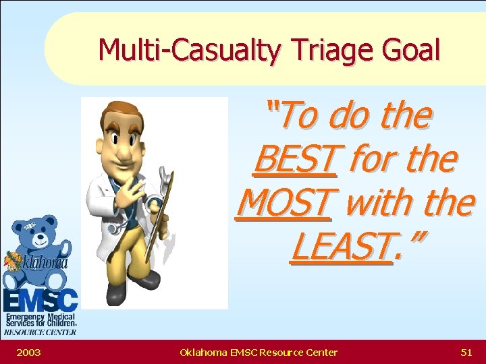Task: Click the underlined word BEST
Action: click(295, 159)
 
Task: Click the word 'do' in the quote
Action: click(350, 115)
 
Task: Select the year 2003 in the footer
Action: click(28, 352)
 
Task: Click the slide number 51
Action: click(466, 352)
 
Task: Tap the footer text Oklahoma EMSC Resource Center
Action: click(259, 352)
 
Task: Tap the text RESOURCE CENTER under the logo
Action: click(40, 332)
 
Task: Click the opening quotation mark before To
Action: click(273, 107)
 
